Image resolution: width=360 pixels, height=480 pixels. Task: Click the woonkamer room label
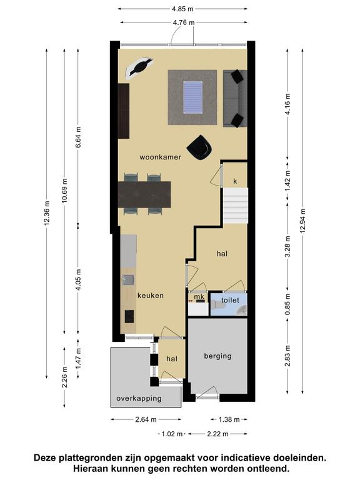[160, 157]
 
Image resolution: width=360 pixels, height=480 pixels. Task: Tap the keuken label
[150, 296]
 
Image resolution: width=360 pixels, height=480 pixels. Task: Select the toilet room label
[230, 300]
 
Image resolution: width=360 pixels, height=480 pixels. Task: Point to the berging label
[217, 356]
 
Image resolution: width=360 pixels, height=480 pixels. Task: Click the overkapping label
[139, 398]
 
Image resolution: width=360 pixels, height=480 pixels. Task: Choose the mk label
[199, 297]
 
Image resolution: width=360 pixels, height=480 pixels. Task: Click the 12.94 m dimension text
[302, 221]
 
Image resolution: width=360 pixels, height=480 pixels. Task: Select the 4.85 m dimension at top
[182, 9]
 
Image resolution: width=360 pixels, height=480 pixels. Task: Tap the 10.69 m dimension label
[64, 190]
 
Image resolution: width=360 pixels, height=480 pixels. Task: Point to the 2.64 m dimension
[146, 419]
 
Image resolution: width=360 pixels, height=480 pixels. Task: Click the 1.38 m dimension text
[229, 419]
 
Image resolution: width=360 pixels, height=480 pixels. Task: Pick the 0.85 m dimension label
[287, 304]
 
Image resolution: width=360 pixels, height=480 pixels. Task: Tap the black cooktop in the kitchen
[129, 316]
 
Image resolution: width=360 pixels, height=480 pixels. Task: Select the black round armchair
[199, 147]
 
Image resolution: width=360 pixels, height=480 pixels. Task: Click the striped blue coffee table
[193, 97]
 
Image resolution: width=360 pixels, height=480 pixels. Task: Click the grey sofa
[235, 98]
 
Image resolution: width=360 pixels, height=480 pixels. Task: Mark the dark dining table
[144, 195]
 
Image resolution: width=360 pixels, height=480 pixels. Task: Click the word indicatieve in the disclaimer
[246, 458]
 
